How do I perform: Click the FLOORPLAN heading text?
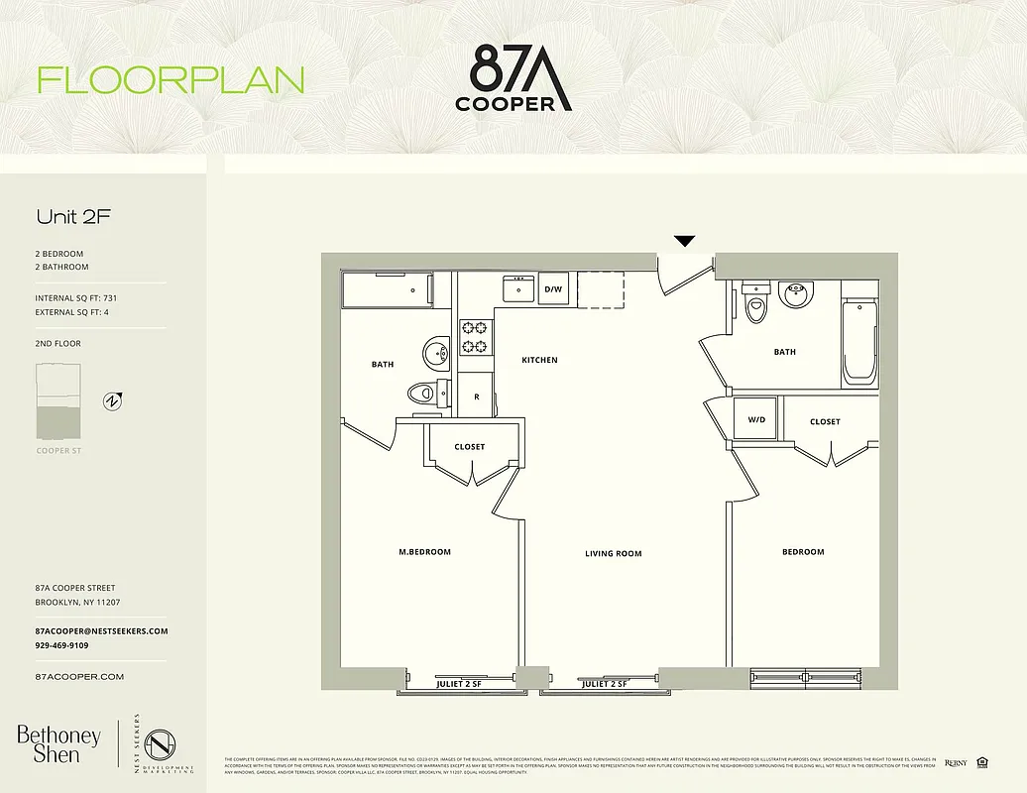pos(171,80)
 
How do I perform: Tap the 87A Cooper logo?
pos(513,79)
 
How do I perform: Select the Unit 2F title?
pos(73,216)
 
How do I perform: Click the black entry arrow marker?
pos(684,241)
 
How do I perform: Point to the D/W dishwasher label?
pos(553,289)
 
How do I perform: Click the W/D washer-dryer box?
pos(757,419)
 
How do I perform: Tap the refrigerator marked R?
pos(477,396)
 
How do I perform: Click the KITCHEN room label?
pos(539,360)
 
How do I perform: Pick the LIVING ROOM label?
pos(614,553)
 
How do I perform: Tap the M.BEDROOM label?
pos(424,552)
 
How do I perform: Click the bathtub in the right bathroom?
pos(859,343)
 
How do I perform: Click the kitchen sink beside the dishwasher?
pos(517,288)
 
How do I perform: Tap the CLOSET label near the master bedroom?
pos(469,447)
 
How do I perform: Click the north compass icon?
pos(113,401)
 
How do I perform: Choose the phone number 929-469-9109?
pos(61,645)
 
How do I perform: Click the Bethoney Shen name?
pos(58,744)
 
